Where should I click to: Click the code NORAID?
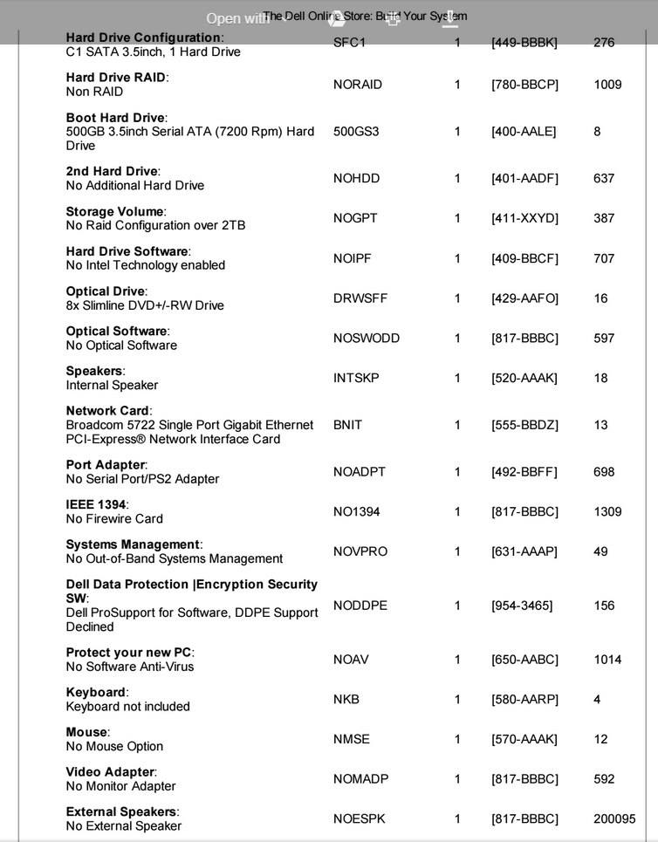358,85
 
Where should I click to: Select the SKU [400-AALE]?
524,132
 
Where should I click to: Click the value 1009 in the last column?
607,85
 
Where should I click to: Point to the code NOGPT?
355,218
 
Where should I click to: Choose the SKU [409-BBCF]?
524,258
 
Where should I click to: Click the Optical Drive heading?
107,291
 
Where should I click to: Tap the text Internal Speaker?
112,386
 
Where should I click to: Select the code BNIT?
347,425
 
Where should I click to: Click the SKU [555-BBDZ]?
524,425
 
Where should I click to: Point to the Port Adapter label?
106,465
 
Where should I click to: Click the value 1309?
607,512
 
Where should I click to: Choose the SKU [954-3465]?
522,606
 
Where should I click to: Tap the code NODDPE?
360,606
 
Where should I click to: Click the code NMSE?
351,739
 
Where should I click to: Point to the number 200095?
613,819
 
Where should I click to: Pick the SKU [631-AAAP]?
524,551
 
